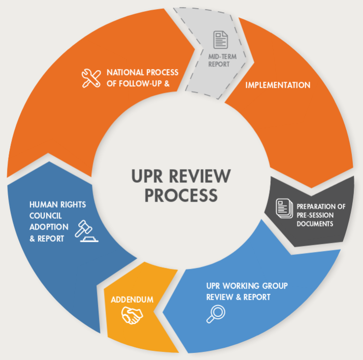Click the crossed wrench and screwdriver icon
coord(91,78)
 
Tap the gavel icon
coord(87,231)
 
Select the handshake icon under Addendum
coord(132,315)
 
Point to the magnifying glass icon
coord(216,314)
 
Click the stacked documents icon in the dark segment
coord(284,208)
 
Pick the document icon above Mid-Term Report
coord(220,40)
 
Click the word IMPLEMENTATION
coord(278,85)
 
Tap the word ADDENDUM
coord(132,300)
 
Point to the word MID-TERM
coord(222,57)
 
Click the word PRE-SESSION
coord(315,215)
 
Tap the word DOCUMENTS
coord(315,224)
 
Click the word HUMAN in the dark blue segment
coord(44,205)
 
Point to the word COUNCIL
coord(46,216)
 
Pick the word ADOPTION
coord(49,227)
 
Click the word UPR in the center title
coord(147,176)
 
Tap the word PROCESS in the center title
coord(181,195)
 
